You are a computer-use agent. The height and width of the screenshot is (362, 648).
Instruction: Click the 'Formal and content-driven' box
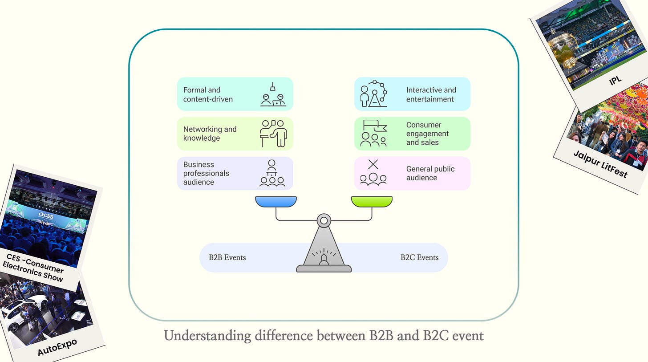[235, 94]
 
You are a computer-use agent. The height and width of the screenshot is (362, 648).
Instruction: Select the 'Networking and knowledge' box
[235, 134]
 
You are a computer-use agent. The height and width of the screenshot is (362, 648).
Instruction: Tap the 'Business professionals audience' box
[235, 173]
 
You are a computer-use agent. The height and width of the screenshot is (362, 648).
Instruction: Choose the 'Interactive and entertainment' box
[412, 94]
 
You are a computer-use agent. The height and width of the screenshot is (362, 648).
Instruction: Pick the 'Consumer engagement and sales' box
[412, 134]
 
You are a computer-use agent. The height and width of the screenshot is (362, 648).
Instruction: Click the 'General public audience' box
[412, 173]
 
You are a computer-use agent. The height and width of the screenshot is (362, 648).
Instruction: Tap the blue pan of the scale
[276, 202]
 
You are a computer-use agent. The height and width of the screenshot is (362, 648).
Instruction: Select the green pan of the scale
[372, 202]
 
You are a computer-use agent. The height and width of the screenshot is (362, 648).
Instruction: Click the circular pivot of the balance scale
[324, 220]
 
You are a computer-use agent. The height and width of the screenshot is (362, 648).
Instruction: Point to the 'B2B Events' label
[227, 257]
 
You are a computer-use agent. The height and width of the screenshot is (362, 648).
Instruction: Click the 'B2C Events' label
[419, 257]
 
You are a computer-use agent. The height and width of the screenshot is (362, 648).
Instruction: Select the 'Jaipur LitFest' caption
[599, 164]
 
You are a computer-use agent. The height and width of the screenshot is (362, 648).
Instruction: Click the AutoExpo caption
[57, 347]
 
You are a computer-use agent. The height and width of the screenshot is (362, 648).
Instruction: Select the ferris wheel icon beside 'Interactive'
[373, 94]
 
